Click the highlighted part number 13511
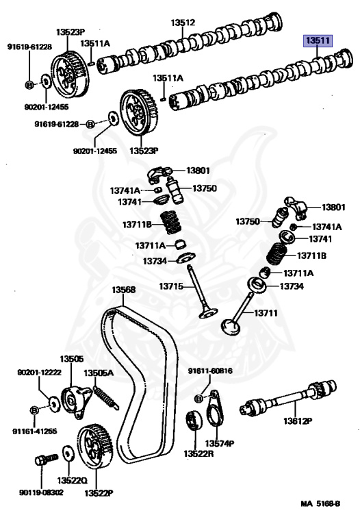(x=318, y=41)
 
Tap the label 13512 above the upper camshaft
(x=183, y=23)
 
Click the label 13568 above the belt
(x=123, y=290)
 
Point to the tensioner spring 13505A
(x=105, y=397)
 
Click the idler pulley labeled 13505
(x=76, y=401)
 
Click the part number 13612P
(x=298, y=421)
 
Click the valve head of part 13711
(x=231, y=326)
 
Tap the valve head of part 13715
(x=208, y=314)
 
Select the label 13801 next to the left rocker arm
(x=198, y=171)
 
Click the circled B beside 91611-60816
(x=198, y=399)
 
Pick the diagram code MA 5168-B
(x=320, y=503)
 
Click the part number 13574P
(x=220, y=444)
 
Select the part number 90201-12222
(x=39, y=373)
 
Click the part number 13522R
(x=198, y=453)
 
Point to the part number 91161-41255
(x=34, y=431)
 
